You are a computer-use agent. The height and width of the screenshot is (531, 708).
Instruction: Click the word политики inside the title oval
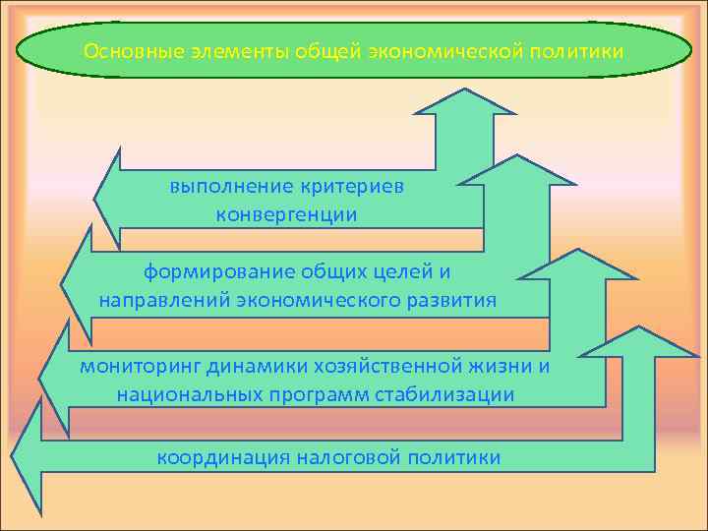577,50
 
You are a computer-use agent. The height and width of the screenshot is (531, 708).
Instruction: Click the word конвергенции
286,213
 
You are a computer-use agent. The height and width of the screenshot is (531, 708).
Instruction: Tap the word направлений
163,299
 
